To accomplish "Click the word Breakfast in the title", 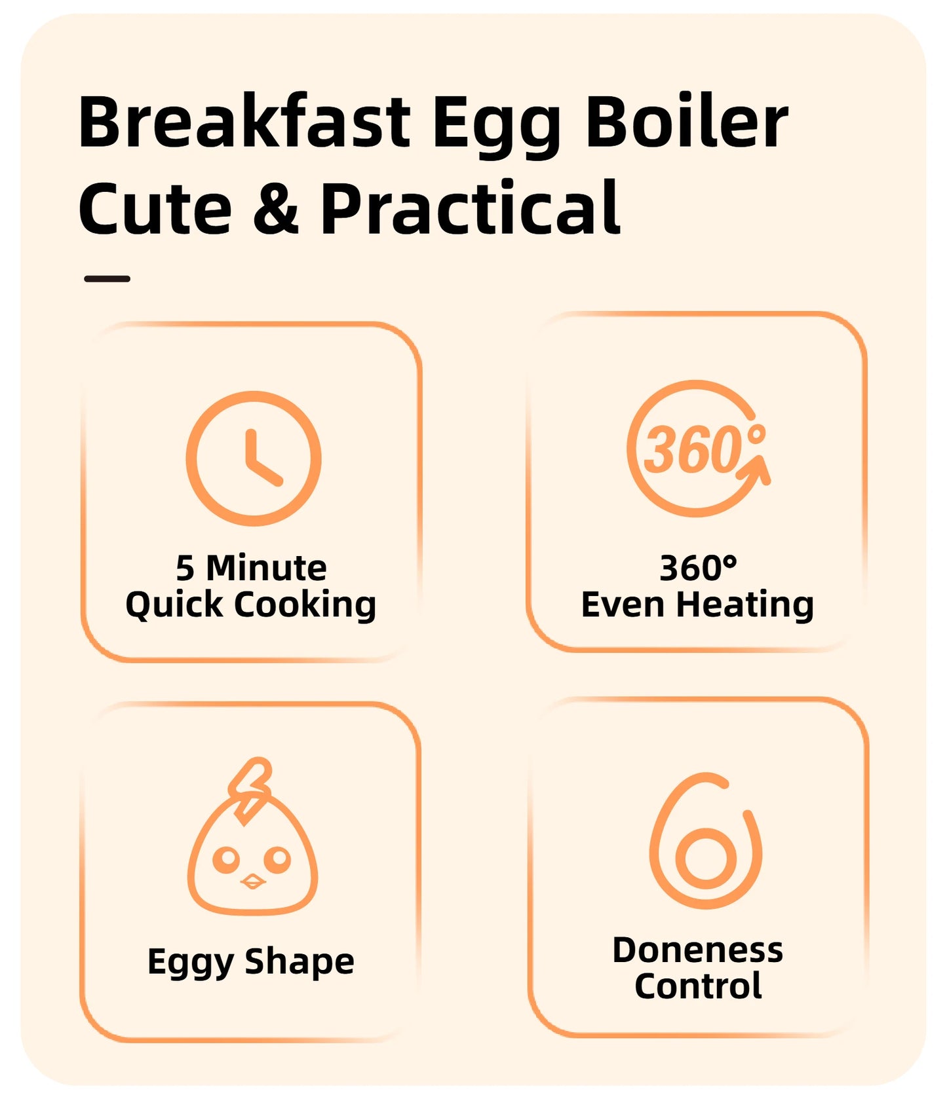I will coord(244,122).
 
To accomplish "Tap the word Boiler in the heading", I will coord(686,122).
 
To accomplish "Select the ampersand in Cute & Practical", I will coord(276,208).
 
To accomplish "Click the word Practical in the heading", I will coord(470,208).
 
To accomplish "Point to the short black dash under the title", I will coord(107,279).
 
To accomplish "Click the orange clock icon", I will coord(254,458).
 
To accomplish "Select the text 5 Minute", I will coord(251,568).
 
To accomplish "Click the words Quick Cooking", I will coord(251,604).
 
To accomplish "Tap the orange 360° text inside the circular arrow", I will coord(693,450).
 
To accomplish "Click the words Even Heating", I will coord(697,604).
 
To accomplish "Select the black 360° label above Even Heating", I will coord(698,568).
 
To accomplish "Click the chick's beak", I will coord(252,882).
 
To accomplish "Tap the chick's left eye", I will coord(226,859).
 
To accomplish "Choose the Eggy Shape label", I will coord(251,962).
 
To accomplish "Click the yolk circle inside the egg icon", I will coord(706,857).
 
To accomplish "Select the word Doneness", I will coord(697,950).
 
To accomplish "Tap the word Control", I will coord(698,986).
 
